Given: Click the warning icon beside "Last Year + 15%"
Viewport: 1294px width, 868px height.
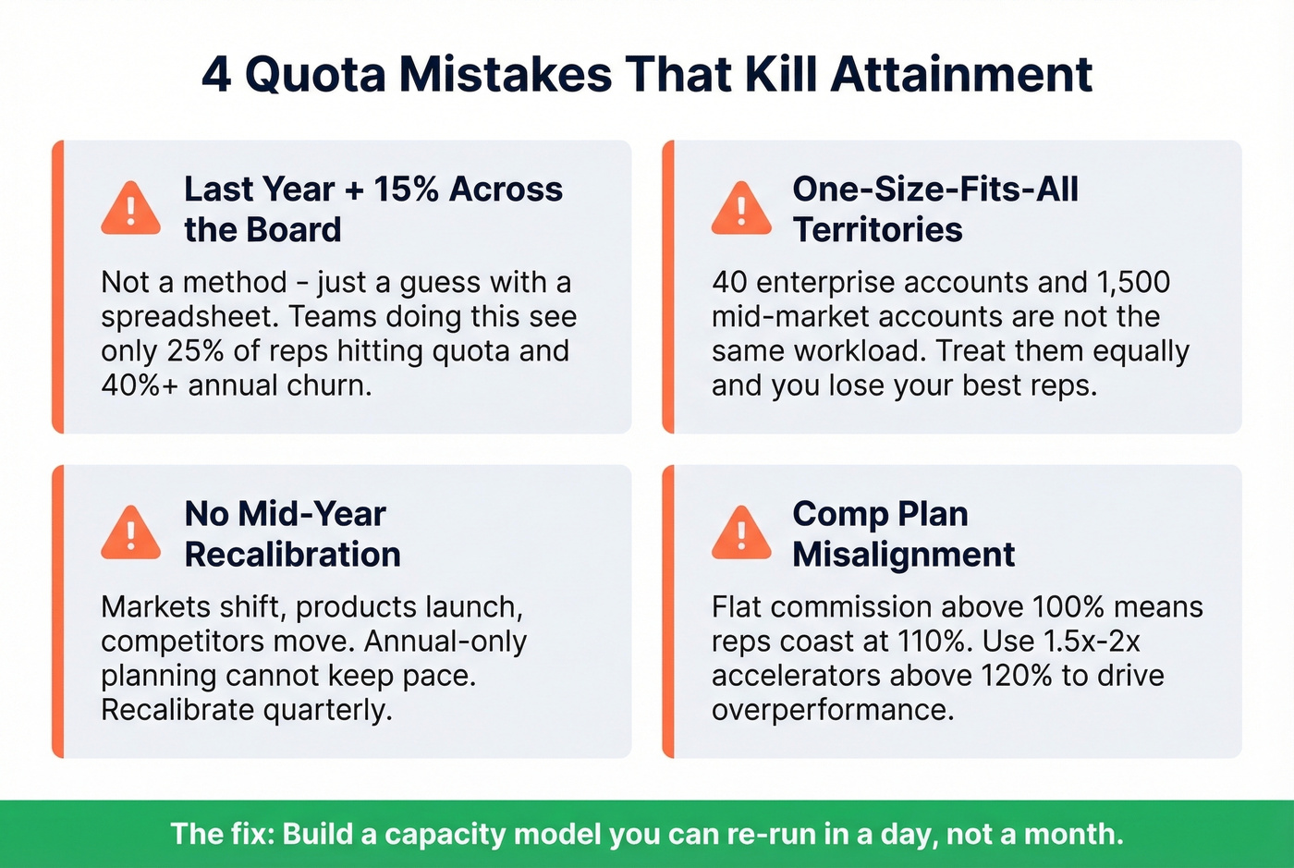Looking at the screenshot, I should pyautogui.click(x=130, y=209).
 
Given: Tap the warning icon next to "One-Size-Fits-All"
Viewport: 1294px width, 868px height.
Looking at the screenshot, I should pyautogui.click(x=741, y=209).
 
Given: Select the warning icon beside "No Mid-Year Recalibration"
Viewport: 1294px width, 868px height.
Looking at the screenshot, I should pyautogui.click(x=130, y=533).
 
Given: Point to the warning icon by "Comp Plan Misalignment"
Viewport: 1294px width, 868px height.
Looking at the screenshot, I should pyautogui.click(x=741, y=533).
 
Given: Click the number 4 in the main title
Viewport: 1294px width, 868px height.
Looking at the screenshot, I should pyautogui.click(x=215, y=74).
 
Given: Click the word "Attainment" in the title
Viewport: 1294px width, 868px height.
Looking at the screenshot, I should pyautogui.click(x=961, y=74).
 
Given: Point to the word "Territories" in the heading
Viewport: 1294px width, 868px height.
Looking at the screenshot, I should pyautogui.click(x=877, y=230).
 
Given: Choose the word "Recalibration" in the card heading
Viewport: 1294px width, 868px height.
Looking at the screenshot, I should pyautogui.click(x=292, y=555).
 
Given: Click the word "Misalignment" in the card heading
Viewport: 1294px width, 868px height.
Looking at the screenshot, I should pyautogui.click(x=903, y=555).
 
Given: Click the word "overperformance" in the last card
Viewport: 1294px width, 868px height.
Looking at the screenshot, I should pyautogui.click(x=832, y=710).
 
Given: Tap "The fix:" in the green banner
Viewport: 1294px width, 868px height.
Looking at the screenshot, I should pyautogui.click(x=222, y=834).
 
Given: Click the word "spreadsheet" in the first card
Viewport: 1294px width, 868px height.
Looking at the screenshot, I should pyautogui.click(x=189, y=317).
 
